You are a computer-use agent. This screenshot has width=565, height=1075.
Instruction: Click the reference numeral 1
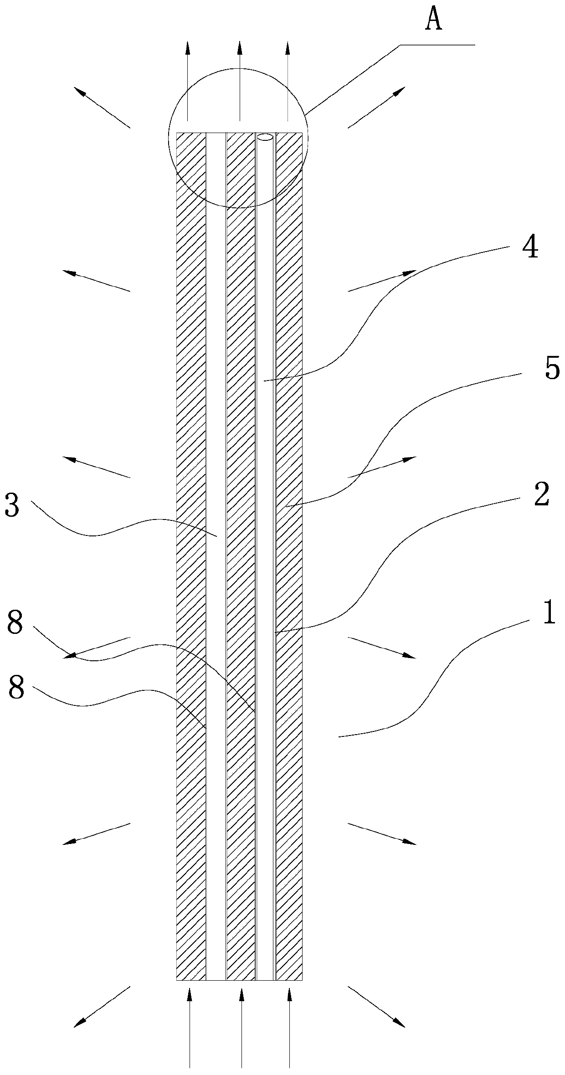[x=549, y=613]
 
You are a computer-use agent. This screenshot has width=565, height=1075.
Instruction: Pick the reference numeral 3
[x=12, y=506]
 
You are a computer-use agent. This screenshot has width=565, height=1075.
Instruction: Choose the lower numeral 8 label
[x=16, y=689]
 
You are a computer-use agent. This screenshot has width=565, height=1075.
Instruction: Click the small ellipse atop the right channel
[x=265, y=137]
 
